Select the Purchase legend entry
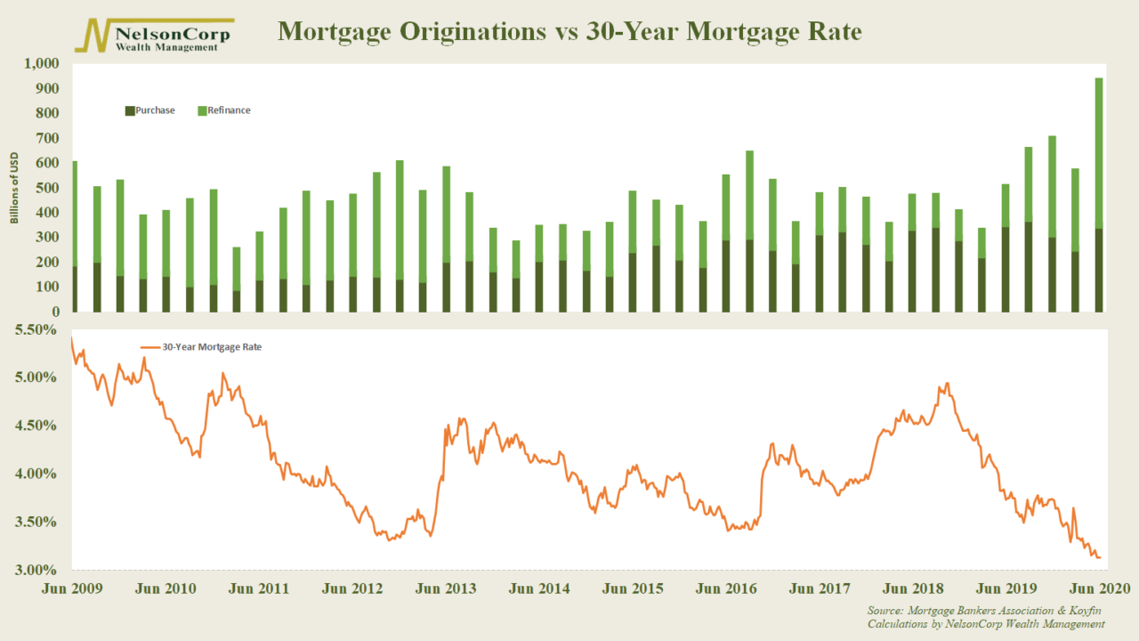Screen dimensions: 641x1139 point(150,110)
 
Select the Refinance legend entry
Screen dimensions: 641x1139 point(223,110)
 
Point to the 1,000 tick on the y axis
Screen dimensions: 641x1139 point(39,64)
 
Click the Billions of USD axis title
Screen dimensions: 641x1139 point(15,188)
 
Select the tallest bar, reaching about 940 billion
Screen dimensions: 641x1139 point(1099,196)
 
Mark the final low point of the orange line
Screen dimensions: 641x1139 point(1101,557)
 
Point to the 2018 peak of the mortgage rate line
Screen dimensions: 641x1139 point(947,384)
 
